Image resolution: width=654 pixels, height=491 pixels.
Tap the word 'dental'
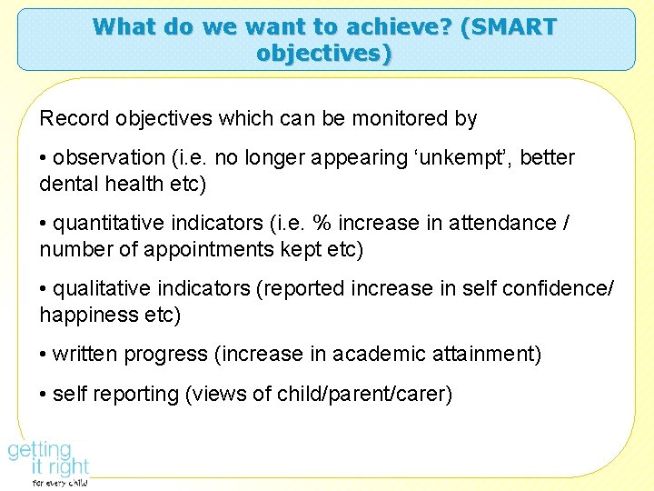click(x=68, y=184)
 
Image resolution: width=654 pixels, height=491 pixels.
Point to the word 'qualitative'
click(x=104, y=289)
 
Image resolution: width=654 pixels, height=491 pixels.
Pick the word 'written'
click(x=84, y=355)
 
